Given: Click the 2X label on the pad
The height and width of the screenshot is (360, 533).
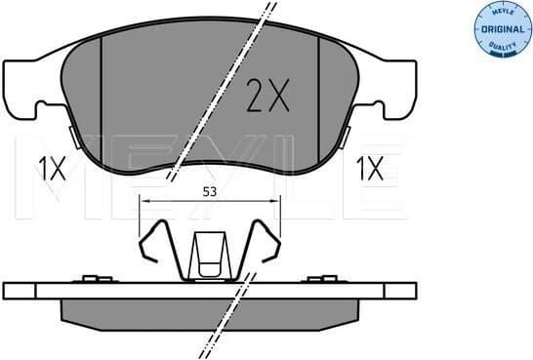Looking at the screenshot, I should click(x=266, y=97).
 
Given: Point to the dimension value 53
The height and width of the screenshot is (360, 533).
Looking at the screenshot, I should click(x=208, y=192).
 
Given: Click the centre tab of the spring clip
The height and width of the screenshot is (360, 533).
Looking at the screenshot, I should click(x=209, y=256).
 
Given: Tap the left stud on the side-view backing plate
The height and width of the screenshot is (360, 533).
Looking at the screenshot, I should click(x=95, y=281).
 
